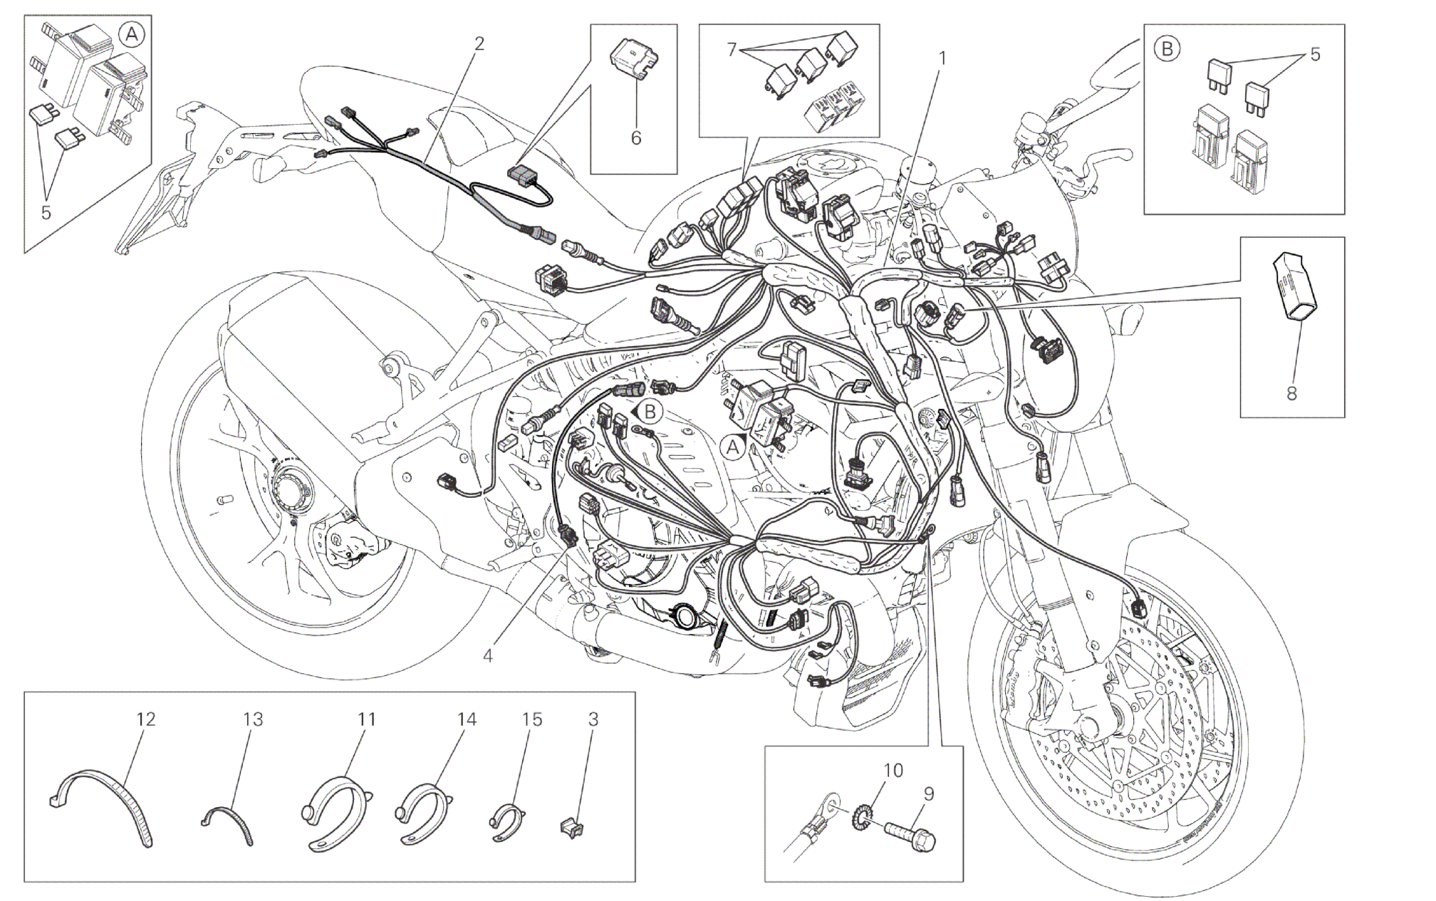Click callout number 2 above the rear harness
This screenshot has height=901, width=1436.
[479, 44]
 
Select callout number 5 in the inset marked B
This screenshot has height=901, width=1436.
[1314, 54]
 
